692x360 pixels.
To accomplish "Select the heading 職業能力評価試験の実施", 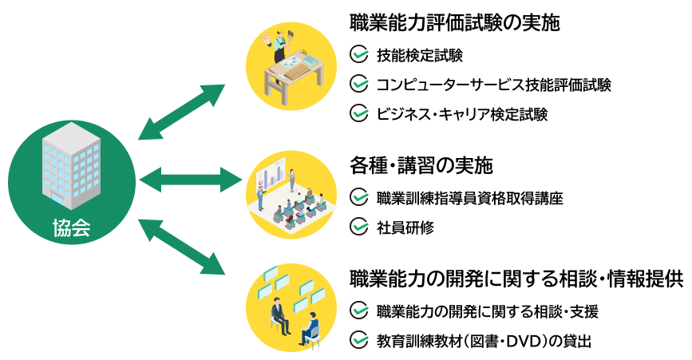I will coord(455,22).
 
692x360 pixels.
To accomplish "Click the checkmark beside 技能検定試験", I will coord(359,56).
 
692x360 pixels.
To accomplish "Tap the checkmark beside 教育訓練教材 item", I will coord(359,341).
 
